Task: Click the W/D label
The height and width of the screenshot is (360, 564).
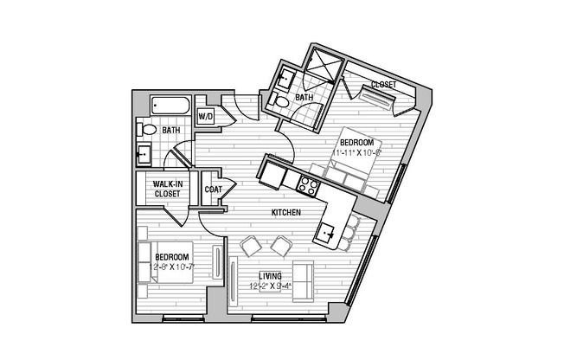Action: click(x=206, y=116)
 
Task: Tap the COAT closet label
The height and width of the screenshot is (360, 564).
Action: click(x=213, y=190)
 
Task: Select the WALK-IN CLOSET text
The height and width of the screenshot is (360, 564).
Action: click(x=167, y=190)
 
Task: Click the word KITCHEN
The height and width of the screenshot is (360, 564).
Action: click(x=286, y=212)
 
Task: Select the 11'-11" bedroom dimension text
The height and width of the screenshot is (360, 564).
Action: click(x=356, y=152)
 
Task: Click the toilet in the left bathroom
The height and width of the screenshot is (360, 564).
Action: click(x=146, y=131)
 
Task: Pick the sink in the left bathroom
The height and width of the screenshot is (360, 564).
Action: click(x=144, y=155)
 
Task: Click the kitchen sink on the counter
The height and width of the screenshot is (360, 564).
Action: click(x=327, y=231)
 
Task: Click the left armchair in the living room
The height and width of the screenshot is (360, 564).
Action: click(x=250, y=246)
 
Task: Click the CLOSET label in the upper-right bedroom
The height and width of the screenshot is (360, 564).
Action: click(x=383, y=85)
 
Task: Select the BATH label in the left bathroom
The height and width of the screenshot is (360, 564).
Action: click(x=171, y=131)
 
